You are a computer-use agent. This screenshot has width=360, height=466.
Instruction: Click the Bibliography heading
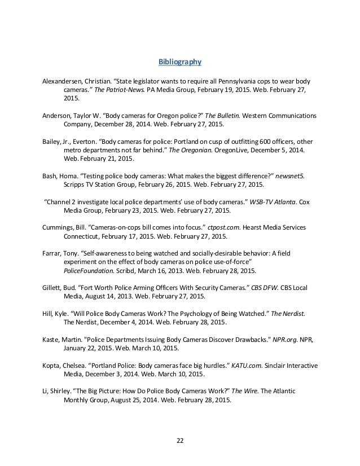(x=179, y=61)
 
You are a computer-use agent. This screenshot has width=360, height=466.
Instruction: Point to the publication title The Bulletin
(x=222, y=115)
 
